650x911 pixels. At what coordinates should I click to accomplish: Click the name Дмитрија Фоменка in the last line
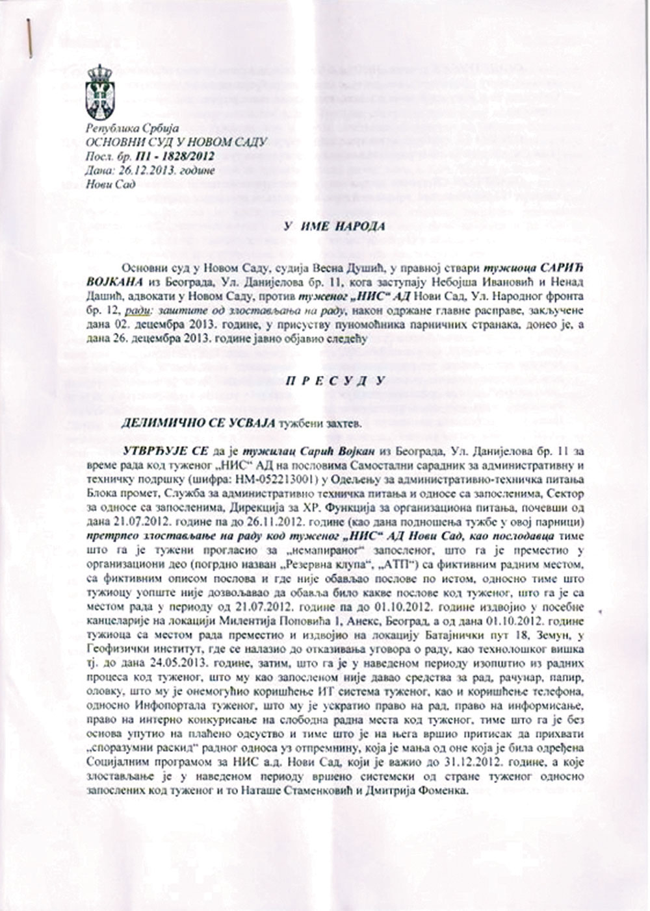tap(426, 792)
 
